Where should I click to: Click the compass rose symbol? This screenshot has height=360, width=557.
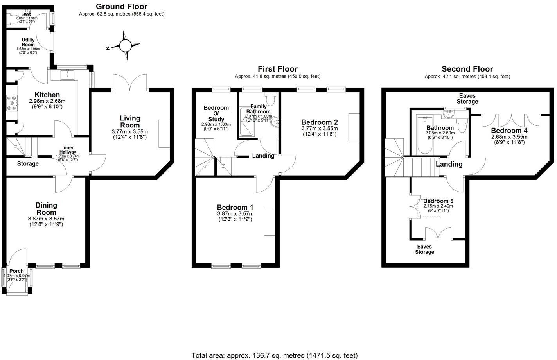coord(125,46)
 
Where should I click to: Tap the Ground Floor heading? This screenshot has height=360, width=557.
coord(122,6)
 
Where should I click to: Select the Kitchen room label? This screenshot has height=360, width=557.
coord(47,95)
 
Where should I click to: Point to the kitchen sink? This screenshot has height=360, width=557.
coord(67,74)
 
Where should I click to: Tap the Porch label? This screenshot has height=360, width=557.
coord(16,271)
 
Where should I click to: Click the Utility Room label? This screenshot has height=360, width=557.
coord(28,42)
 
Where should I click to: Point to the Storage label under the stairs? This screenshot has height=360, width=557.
coord(28,163)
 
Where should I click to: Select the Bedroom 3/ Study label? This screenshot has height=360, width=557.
coord(216,113)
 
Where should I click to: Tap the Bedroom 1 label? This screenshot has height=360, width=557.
coord(235,207)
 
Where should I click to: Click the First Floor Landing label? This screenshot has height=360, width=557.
coord(263,156)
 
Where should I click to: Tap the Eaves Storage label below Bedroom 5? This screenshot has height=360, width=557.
coord(424,249)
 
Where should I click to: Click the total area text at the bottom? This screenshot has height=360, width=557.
coord(274,355)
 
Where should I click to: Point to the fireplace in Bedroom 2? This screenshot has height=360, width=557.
coord(354,127)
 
